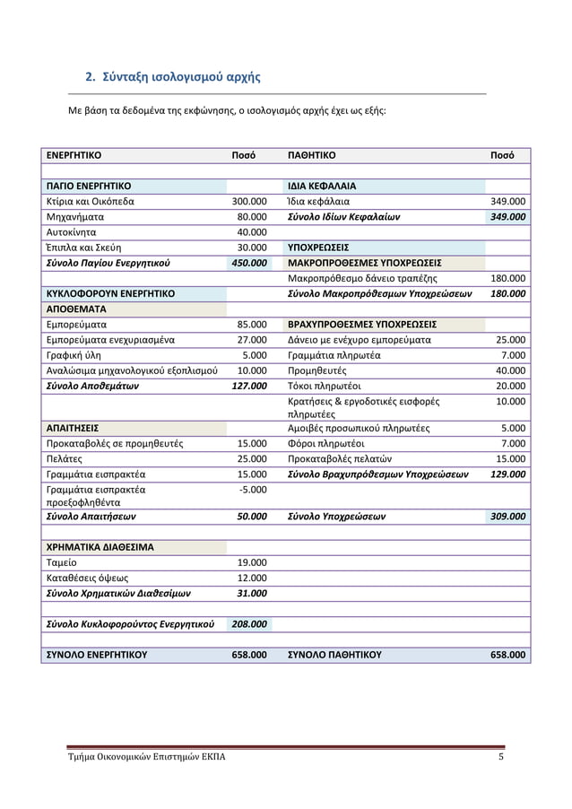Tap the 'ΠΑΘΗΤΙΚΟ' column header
point(311,155)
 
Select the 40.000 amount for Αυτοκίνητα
point(252,232)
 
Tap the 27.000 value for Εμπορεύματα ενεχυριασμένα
point(252,340)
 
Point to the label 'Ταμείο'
point(62,562)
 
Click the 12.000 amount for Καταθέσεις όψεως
point(252,578)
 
